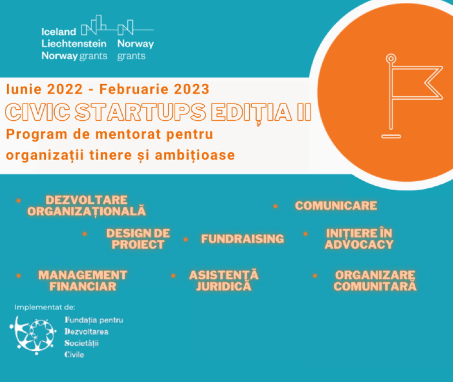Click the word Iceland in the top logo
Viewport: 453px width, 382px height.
click(x=59, y=32)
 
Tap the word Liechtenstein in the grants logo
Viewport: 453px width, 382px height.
click(x=74, y=44)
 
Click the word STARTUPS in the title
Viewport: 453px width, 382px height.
click(x=140, y=112)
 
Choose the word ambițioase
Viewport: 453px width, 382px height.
click(x=195, y=156)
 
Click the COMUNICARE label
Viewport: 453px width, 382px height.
click(x=336, y=206)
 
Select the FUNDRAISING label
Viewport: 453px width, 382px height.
click(x=243, y=239)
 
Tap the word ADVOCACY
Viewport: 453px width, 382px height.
click(x=359, y=245)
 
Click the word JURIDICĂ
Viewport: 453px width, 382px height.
click(x=223, y=286)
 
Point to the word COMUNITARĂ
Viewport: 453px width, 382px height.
click(x=375, y=286)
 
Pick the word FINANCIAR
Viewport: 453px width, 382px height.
click(x=83, y=286)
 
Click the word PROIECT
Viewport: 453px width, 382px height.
click(x=138, y=245)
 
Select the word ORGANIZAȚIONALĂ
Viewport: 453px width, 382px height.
click(x=87, y=211)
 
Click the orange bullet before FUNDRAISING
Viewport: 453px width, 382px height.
click(x=186, y=239)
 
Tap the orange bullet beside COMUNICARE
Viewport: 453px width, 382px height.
click(x=275, y=206)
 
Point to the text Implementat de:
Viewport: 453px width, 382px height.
click(x=45, y=307)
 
